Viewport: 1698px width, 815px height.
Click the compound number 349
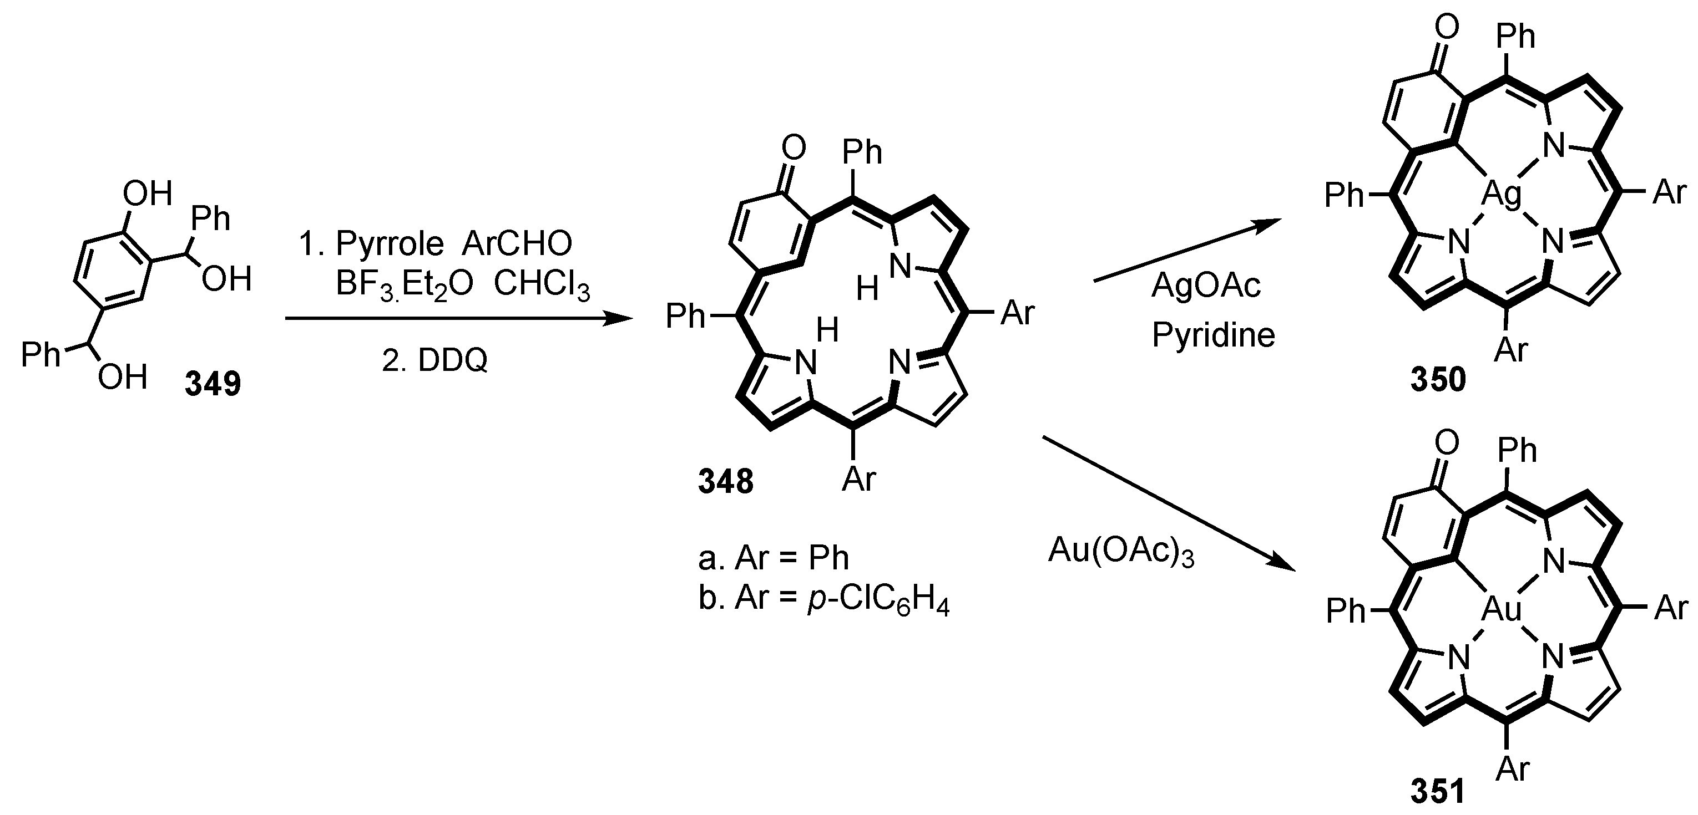click(213, 384)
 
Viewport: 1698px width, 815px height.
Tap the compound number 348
click(726, 482)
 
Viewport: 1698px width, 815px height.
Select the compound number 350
click(1438, 380)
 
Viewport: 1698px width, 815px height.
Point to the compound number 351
click(1438, 791)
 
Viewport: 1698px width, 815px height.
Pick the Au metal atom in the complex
click(1502, 609)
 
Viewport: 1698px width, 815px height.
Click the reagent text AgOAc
click(1206, 286)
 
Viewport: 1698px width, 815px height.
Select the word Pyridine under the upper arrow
click(1214, 335)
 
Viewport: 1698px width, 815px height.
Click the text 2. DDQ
click(434, 360)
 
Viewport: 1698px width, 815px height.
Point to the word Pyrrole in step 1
click(390, 244)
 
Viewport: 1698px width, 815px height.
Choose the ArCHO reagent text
click(517, 244)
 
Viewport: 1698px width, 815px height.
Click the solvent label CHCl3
click(541, 286)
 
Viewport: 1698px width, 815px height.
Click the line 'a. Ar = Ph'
click(773, 558)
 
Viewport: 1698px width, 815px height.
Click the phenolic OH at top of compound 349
click(148, 195)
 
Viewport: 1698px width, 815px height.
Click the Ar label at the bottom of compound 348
click(859, 478)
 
